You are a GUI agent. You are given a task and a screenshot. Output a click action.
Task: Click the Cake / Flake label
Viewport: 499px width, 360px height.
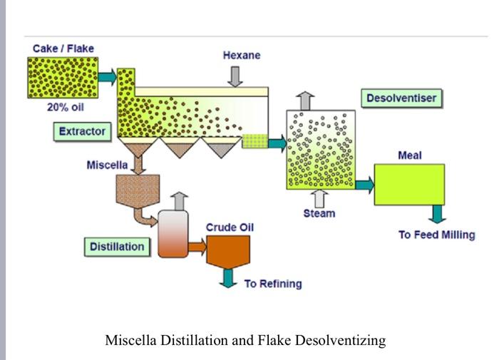[63, 48]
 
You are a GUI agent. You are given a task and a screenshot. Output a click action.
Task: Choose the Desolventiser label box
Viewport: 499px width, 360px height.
[403, 96]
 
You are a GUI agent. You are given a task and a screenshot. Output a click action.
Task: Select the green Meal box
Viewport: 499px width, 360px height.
[409, 184]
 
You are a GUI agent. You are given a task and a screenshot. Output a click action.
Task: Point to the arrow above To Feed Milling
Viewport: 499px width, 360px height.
[436, 214]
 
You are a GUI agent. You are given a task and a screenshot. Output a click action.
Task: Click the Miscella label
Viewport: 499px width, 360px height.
[107, 165]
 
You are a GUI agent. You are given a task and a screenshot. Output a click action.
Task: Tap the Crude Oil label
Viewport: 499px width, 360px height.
[230, 227]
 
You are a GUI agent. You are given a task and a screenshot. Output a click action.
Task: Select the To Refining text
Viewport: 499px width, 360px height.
[272, 284]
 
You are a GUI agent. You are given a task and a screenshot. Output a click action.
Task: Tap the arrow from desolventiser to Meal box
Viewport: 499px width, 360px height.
[364, 185]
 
